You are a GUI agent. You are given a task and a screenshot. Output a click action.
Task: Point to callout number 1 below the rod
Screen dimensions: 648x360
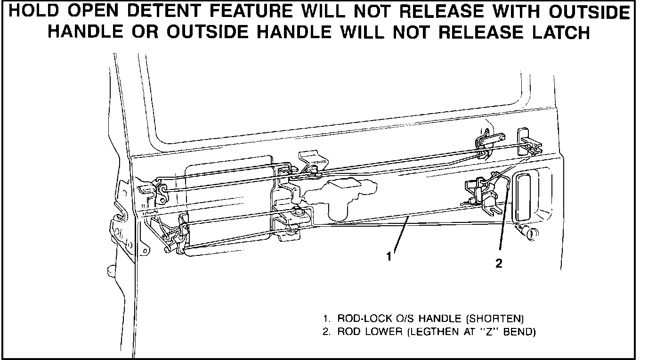389,257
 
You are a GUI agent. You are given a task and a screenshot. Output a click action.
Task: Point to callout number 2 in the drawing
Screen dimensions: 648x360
499,264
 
